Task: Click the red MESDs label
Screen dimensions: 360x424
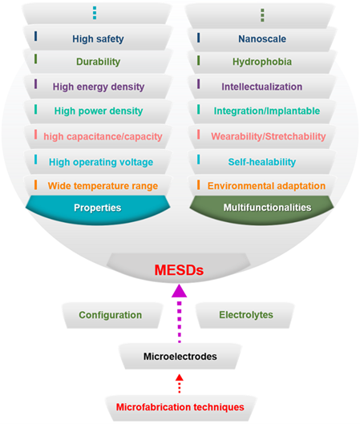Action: pos(179,270)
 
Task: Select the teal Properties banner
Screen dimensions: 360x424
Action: pos(98,209)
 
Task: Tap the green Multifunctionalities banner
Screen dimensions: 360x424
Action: pos(262,209)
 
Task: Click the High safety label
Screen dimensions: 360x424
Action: pos(98,39)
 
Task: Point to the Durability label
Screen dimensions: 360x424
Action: pos(98,62)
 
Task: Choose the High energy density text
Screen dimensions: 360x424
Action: pos(99,87)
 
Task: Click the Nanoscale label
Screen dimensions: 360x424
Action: pos(262,39)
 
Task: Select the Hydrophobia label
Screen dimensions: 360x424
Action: pos(262,62)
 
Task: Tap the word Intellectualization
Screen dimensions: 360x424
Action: pos(262,87)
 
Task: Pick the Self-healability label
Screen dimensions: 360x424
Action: pos(262,162)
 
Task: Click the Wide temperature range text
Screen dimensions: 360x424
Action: pos(103,186)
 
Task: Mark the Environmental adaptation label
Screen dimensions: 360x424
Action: pos(266,186)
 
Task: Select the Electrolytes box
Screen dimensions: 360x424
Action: pos(245,316)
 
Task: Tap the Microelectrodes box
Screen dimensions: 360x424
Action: pos(180,357)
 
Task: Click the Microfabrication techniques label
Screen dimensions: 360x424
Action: pos(180,407)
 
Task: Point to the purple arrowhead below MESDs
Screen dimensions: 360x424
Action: pos(180,291)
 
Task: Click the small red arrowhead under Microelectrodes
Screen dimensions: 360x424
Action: pos(180,378)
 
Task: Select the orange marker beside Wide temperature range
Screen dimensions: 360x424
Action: pos(36,184)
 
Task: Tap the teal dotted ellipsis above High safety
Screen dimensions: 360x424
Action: pos(95,13)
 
